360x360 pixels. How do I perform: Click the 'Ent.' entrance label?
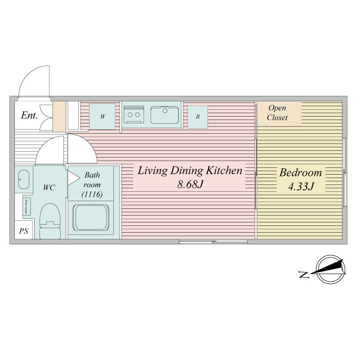(x=29, y=115)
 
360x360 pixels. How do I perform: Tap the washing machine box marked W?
(x=102, y=117)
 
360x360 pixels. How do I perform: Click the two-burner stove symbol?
(x=134, y=114)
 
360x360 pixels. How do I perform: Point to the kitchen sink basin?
(x=165, y=114)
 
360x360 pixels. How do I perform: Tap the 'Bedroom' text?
(x=301, y=172)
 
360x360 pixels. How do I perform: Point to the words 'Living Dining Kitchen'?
(x=190, y=171)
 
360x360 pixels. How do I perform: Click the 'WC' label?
(x=49, y=188)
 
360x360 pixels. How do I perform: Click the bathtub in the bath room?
(x=91, y=219)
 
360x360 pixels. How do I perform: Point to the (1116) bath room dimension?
(x=93, y=194)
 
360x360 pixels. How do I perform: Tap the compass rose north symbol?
(x=331, y=269)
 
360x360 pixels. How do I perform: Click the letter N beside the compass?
(x=304, y=274)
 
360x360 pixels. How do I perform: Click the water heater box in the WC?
(x=28, y=207)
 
